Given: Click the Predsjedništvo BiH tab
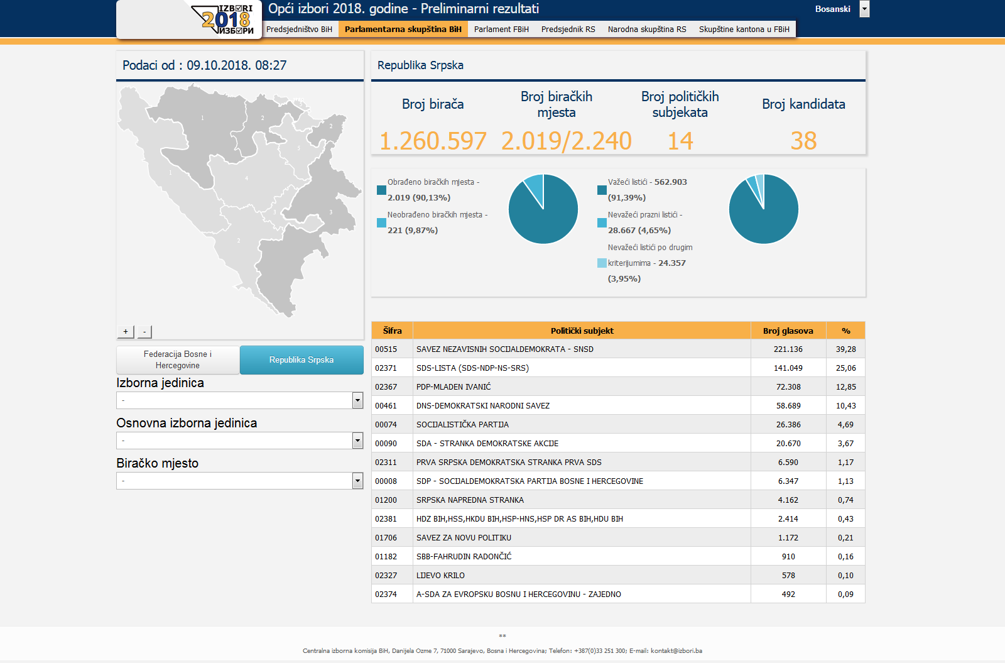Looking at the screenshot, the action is pos(299,29).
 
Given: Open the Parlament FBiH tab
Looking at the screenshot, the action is pos(501,29).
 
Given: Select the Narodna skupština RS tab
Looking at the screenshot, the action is pos(647,29).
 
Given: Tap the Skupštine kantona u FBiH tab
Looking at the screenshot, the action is pos(744,29).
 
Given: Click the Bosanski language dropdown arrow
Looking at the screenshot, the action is pos(864,9).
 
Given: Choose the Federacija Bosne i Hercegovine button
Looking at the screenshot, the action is pos(178,359).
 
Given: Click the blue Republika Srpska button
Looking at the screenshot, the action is pos(301,359).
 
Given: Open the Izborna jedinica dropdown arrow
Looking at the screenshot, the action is pos(357,400).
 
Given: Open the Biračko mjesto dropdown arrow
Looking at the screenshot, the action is pos(357,481).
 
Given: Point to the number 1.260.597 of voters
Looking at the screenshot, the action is pos(433,141).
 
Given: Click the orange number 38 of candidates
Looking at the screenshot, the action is pos(803,141).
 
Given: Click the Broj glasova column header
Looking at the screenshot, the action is pos(788,331).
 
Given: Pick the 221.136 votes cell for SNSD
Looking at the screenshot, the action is pos(788,349).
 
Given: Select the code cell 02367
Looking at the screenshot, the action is pos(386,387).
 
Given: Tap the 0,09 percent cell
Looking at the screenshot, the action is pos(845,595).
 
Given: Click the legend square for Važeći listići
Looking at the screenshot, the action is pos(602,190).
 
